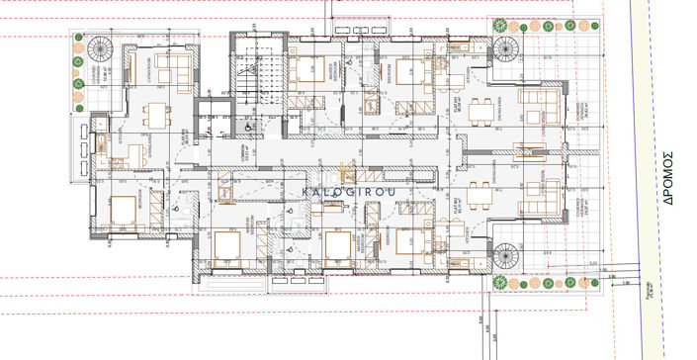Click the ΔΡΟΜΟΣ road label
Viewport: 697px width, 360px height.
point(666,177)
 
